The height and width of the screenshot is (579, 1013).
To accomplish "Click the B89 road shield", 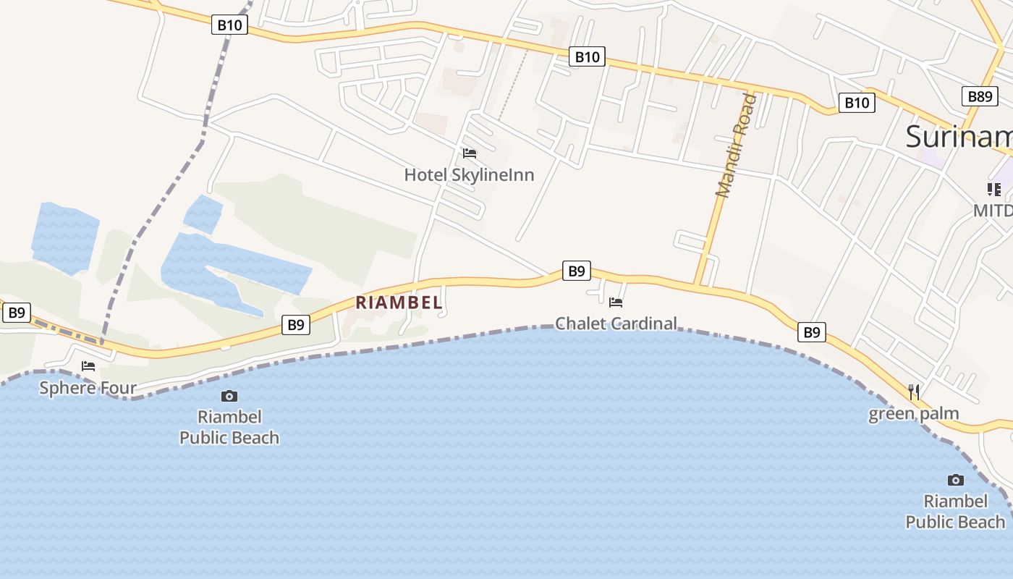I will click(980, 96).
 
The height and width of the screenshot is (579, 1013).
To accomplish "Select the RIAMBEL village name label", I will click(399, 303).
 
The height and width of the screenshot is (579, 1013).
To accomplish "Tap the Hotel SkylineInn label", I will click(469, 174).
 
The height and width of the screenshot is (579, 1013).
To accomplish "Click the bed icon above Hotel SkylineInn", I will click(470, 153).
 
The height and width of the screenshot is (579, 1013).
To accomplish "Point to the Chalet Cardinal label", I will click(616, 323).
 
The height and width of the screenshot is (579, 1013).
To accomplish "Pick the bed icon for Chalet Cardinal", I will click(616, 303).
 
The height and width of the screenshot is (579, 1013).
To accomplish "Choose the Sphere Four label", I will click(88, 387).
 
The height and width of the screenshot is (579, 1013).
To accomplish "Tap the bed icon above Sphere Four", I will click(88, 366).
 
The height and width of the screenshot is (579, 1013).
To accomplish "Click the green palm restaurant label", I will click(914, 414).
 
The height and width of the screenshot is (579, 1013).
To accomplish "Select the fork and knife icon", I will click(915, 392).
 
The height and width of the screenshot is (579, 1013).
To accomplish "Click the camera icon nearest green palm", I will click(956, 480).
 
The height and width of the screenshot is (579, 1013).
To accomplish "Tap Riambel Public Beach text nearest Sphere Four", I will click(229, 427).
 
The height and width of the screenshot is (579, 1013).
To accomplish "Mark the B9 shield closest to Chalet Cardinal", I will click(576, 271).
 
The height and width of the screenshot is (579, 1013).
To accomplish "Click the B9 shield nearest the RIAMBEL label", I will click(296, 325).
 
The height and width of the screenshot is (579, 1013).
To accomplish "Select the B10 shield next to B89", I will click(857, 103).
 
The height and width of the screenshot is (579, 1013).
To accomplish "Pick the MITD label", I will click(992, 211).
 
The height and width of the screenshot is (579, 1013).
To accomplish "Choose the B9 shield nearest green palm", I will click(812, 332).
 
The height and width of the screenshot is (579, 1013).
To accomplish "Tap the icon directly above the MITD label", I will click(994, 190).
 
